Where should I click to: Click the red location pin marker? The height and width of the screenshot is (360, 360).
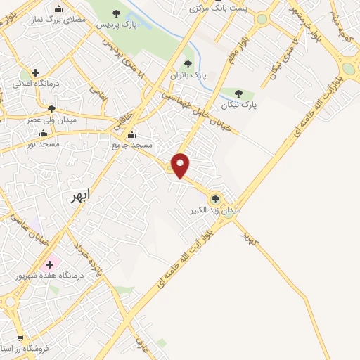pyautogui.click(x=181, y=165)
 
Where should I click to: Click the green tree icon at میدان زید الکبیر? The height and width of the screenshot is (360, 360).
pyautogui.click(x=216, y=198)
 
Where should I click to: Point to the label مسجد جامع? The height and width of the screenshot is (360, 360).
pyautogui.click(x=131, y=144)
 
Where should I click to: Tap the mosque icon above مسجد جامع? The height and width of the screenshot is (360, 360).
pyautogui.click(x=131, y=134)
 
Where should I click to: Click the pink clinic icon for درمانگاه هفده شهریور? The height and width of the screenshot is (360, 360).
pyautogui.click(x=49, y=265)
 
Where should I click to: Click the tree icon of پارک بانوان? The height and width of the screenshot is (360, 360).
pyautogui.click(x=187, y=63)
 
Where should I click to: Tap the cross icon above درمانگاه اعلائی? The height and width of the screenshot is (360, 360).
pyautogui.click(x=35, y=72)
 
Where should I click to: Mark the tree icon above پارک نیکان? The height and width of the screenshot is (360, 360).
pyautogui.click(x=239, y=94)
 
